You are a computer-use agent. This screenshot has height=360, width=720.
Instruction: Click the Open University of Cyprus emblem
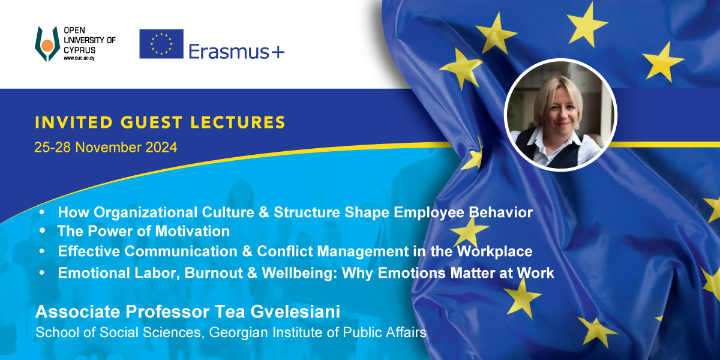click(x=47, y=44)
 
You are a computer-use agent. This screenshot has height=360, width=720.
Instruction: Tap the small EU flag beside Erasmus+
click(x=161, y=44)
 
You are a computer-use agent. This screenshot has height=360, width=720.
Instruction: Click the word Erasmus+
click(x=236, y=52)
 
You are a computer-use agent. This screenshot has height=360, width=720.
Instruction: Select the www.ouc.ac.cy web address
click(x=79, y=58)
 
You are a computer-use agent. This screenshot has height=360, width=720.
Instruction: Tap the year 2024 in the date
click(x=161, y=147)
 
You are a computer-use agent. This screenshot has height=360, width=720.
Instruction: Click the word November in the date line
click(x=108, y=147)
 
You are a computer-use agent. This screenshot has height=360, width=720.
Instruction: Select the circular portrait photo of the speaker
click(x=560, y=115)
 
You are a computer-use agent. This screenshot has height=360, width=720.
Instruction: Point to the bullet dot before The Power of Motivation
click(x=42, y=231)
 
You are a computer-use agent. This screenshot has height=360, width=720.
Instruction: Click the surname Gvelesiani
click(x=295, y=311)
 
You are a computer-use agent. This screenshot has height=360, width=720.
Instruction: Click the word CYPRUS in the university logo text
click(x=79, y=50)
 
